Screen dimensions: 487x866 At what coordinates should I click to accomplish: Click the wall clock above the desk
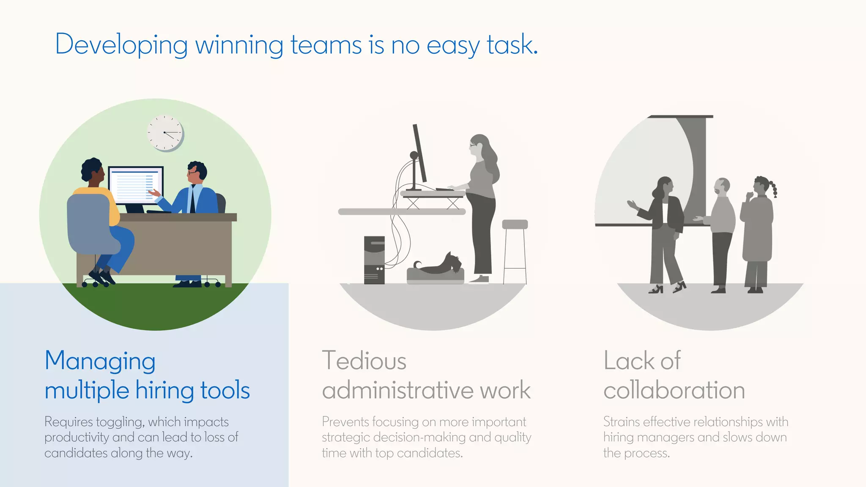pyautogui.click(x=165, y=133)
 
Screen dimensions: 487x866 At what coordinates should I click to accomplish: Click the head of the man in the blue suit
pyautogui.click(x=196, y=172)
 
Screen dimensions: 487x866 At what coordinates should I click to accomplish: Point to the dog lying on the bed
pyautogui.click(x=440, y=265)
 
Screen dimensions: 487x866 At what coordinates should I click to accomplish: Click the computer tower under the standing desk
pyautogui.click(x=374, y=260)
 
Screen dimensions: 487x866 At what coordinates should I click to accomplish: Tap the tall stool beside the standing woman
pyautogui.click(x=515, y=249)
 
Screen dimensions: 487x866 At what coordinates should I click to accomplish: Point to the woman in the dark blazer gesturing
pyautogui.click(x=666, y=228)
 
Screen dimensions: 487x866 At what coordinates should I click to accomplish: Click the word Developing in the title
pyautogui.click(x=121, y=44)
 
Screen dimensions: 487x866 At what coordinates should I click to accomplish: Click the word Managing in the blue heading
pyautogui.click(x=100, y=361)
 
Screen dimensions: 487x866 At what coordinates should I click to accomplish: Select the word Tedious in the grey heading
pyautogui.click(x=364, y=361)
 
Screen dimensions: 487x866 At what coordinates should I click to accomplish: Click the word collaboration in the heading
pyautogui.click(x=674, y=390)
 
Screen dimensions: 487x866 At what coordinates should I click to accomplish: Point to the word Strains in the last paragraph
pyautogui.click(x=621, y=421)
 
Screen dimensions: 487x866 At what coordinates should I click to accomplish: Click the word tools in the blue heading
pyautogui.click(x=225, y=390)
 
